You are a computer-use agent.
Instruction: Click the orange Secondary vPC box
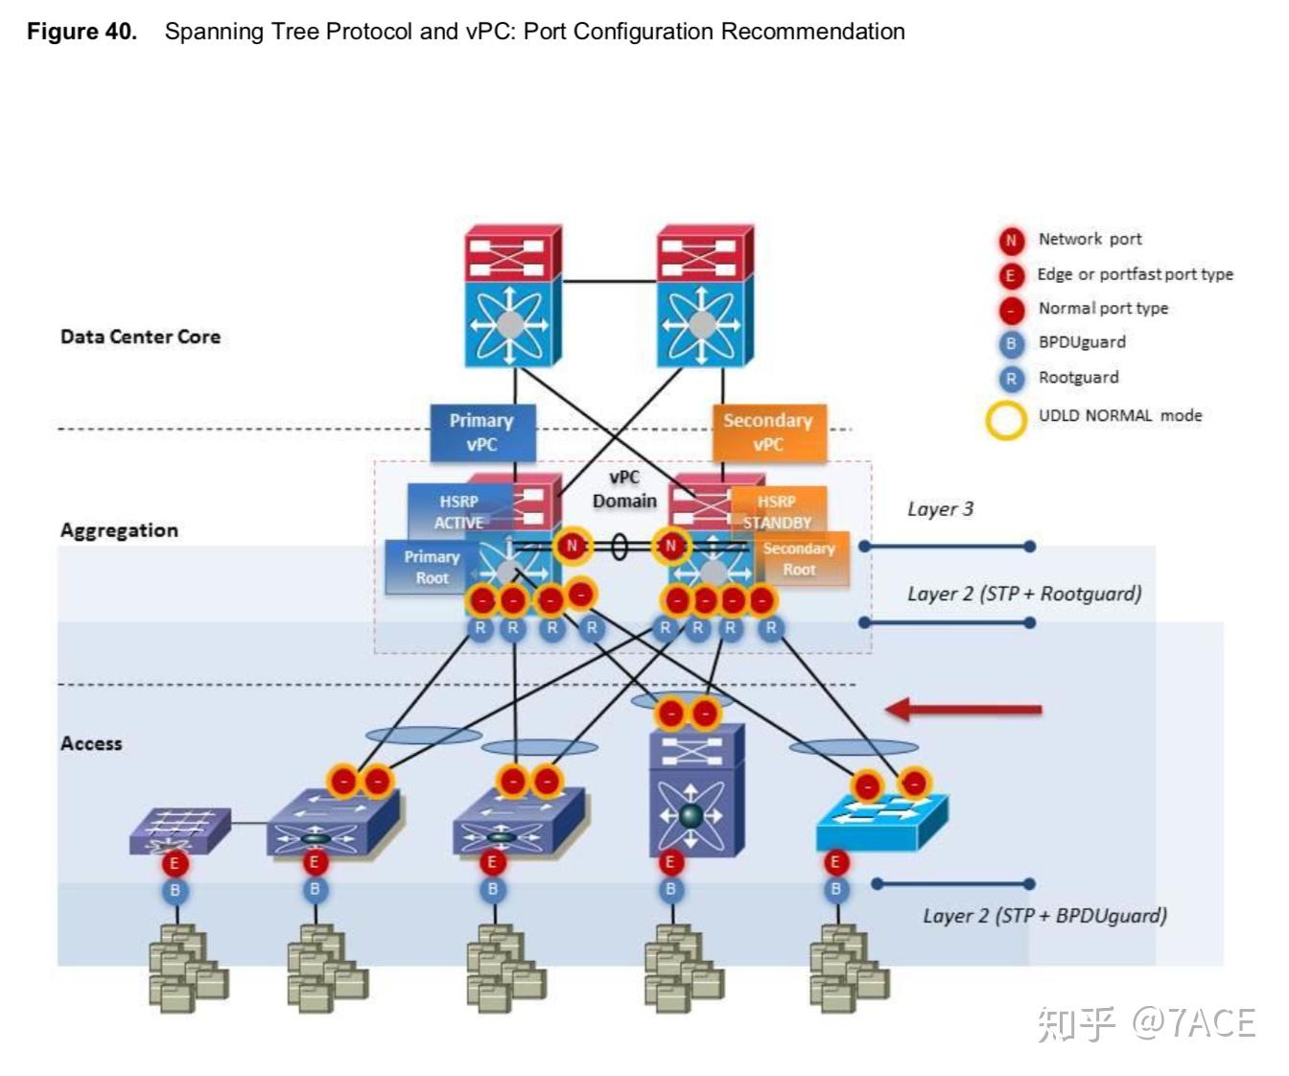click(x=768, y=432)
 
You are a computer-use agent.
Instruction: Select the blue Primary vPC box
click(x=481, y=432)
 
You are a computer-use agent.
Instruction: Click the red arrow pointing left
click(x=963, y=710)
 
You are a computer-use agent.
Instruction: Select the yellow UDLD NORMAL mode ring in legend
click(x=1006, y=419)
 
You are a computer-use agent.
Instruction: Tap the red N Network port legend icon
click(x=1010, y=241)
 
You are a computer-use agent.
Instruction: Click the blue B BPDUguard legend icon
click(x=1010, y=343)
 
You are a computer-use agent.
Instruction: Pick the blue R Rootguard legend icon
click(x=1010, y=379)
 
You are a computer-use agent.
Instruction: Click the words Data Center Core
click(x=140, y=337)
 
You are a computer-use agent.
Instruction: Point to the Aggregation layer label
click(x=119, y=530)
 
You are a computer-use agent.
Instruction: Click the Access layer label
click(x=91, y=743)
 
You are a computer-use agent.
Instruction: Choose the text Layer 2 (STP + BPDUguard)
click(x=1044, y=916)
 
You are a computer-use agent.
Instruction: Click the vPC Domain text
click(x=624, y=489)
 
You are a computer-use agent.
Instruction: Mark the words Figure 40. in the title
click(x=82, y=32)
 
